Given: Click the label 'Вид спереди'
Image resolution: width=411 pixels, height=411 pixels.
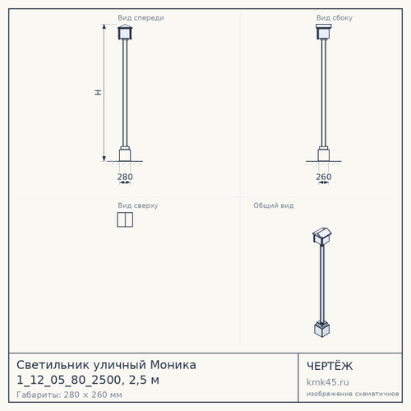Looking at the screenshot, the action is click(x=141, y=18).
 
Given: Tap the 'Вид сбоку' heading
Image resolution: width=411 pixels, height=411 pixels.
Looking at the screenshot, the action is click(x=335, y=18).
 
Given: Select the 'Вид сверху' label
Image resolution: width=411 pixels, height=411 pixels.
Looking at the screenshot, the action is click(x=138, y=205).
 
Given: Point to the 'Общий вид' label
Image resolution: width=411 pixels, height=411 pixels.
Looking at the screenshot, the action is click(x=274, y=205).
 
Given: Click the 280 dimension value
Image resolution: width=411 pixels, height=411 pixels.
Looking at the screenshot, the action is click(x=125, y=177).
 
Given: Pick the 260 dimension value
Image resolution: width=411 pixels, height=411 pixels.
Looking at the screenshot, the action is click(x=324, y=177).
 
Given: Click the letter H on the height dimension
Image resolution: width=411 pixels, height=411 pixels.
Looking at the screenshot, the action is click(x=98, y=92).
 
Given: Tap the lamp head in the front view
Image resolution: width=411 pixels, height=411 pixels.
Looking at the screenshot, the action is click(x=125, y=32).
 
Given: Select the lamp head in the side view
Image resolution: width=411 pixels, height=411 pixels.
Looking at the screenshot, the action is click(x=324, y=32).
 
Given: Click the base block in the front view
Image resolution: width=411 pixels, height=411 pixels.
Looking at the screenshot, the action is click(x=125, y=155).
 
